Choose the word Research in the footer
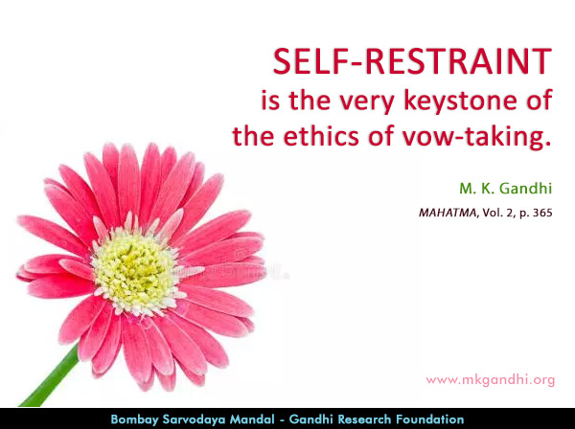pos(370,419)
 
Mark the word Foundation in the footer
pos(434,419)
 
